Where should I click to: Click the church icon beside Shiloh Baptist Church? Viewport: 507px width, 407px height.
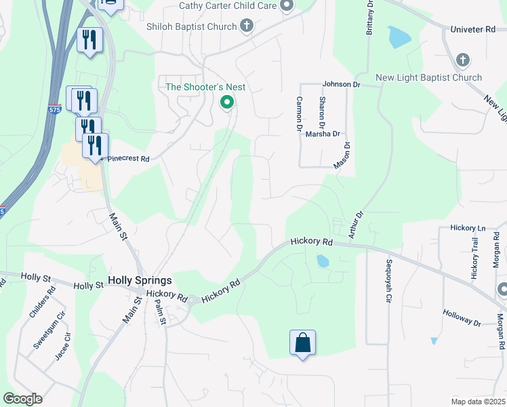(247, 26)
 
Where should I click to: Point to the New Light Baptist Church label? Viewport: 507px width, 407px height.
(428, 77)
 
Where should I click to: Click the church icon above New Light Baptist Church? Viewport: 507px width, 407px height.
(463, 60)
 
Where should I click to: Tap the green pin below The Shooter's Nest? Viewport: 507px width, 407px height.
(227, 102)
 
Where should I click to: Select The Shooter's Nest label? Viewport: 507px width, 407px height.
(206, 87)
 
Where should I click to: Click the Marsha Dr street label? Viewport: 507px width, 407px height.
(322, 134)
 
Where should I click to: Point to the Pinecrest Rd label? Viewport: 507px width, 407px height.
(125, 158)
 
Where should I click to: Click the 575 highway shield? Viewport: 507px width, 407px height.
(55, 109)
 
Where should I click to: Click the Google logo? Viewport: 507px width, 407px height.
(22, 399)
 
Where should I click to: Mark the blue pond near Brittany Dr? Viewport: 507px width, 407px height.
(399, 36)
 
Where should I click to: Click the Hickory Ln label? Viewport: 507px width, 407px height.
(467, 229)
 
